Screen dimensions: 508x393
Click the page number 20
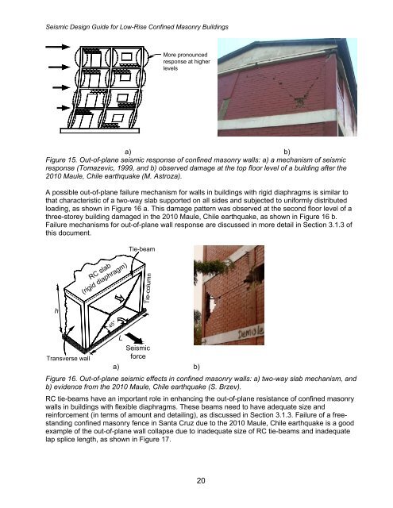tap(196, 480)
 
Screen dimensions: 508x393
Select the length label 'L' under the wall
tap(119, 338)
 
